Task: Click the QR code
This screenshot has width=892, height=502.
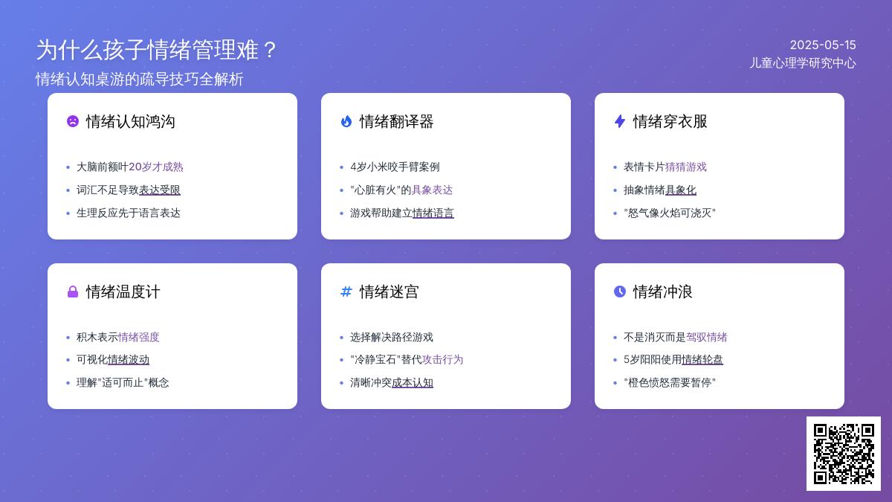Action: tap(844, 454)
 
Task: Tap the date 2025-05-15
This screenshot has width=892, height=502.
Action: tap(823, 45)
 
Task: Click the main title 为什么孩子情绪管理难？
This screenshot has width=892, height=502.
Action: tap(157, 51)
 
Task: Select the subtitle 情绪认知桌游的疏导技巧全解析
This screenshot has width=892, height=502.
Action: tap(140, 79)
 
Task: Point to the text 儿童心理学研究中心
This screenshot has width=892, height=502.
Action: tap(802, 63)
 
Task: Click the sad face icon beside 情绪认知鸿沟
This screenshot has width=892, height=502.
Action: tap(73, 121)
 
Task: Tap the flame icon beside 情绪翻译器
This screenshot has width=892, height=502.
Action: tap(346, 121)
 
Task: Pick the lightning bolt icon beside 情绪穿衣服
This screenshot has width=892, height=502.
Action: tap(620, 121)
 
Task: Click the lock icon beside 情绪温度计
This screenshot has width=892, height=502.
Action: tap(73, 292)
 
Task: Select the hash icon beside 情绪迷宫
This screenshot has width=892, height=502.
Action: tap(346, 292)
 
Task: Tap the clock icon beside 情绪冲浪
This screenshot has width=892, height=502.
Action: tap(620, 292)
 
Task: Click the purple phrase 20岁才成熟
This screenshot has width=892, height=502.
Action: tap(155, 167)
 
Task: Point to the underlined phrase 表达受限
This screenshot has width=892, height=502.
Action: tap(160, 190)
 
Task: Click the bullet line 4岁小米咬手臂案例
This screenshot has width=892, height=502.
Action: tap(395, 167)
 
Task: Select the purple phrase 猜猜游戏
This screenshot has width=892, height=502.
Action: tap(686, 167)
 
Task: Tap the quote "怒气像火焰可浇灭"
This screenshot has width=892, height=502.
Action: tap(670, 213)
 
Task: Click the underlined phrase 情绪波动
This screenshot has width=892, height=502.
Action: tap(129, 360)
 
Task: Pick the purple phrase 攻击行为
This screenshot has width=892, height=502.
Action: tap(443, 360)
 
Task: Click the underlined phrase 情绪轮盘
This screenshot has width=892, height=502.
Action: tap(702, 360)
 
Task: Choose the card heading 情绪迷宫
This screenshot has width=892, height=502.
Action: tap(389, 292)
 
